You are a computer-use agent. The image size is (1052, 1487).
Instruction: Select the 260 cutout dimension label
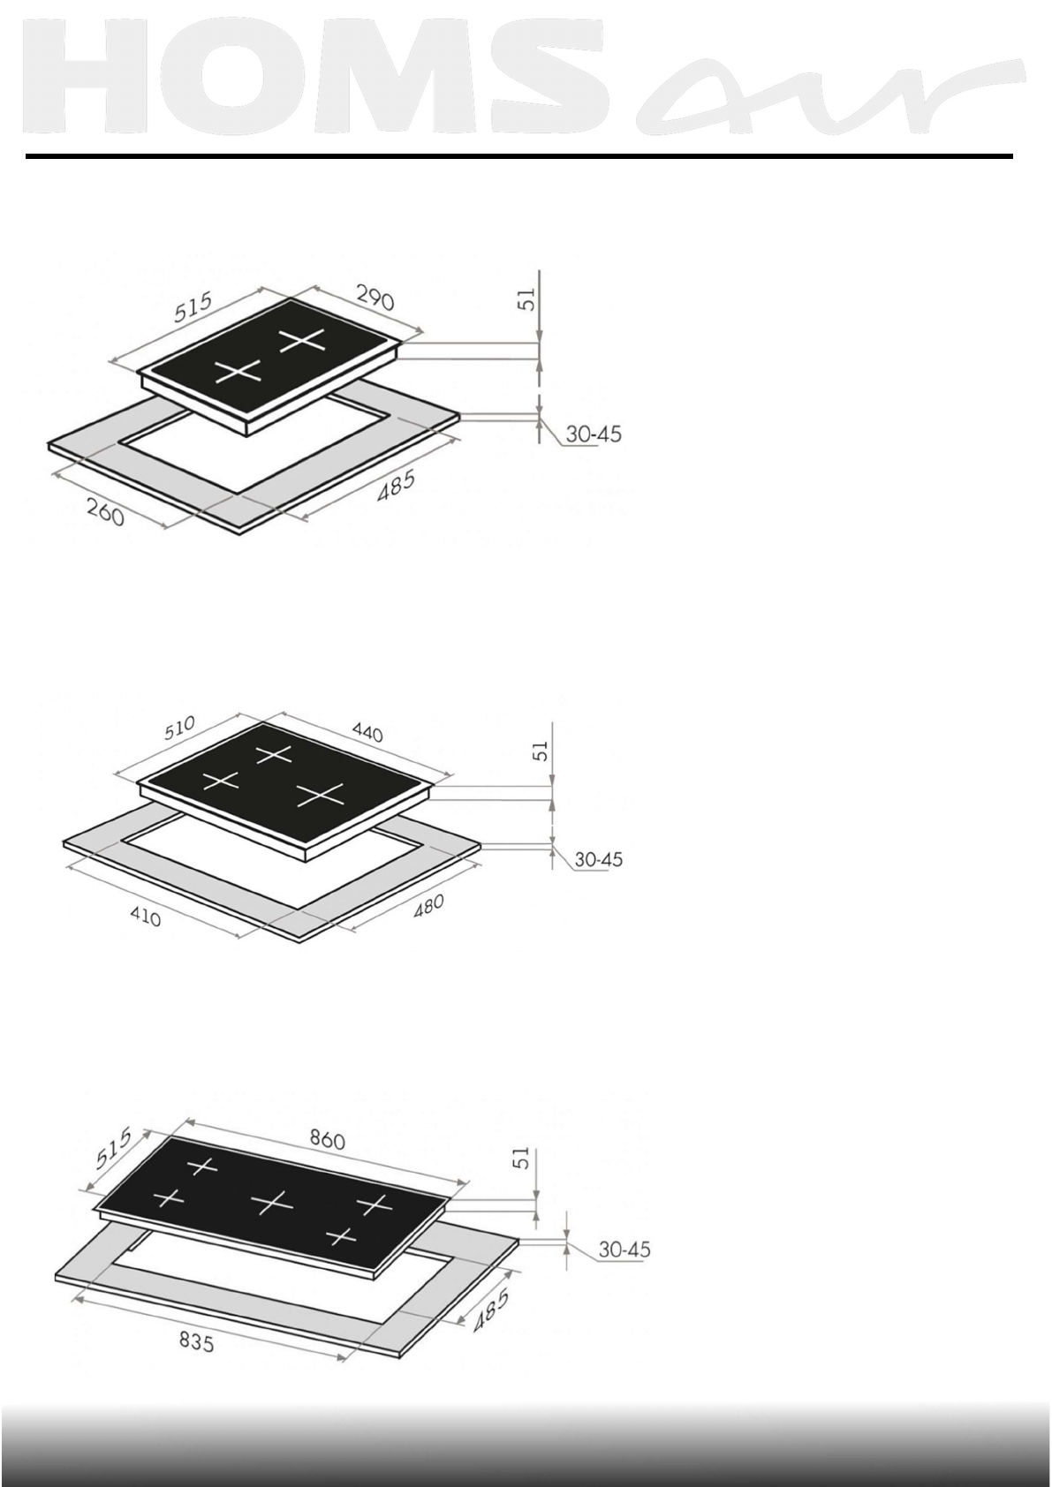click(105, 512)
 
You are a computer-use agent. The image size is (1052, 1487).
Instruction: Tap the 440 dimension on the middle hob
click(367, 732)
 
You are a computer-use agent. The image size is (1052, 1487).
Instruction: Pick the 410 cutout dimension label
click(146, 917)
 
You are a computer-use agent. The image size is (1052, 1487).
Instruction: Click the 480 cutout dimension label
click(428, 906)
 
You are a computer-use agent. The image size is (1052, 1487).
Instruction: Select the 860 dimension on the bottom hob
click(328, 1140)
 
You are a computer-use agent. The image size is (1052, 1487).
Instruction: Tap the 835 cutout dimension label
click(197, 1343)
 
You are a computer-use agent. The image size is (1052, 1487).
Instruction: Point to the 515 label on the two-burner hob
click(193, 306)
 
